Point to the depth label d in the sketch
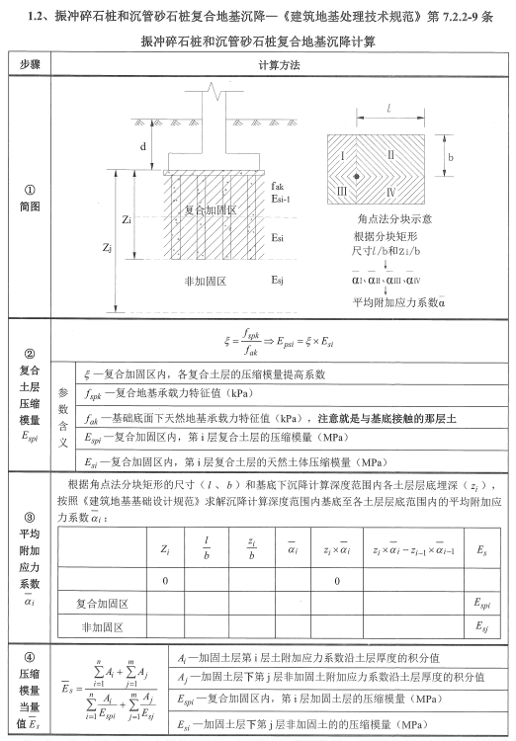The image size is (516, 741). pyautogui.click(x=144, y=146)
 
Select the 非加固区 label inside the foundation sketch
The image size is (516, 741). pyautogui.click(x=202, y=282)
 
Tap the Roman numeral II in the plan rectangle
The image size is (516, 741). pyautogui.click(x=390, y=154)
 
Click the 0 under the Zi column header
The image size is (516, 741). pyautogui.click(x=165, y=579)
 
